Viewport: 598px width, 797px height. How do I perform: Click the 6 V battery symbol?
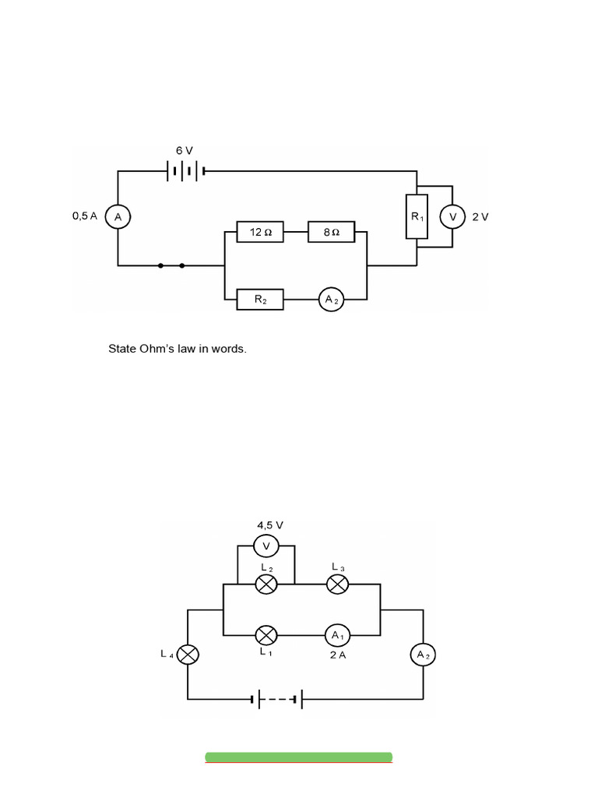click(x=185, y=171)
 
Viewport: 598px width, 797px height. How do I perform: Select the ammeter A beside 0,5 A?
click(x=118, y=217)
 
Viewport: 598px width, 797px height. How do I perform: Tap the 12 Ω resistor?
click(x=260, y=232)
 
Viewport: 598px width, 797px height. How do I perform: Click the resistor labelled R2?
click(x=260, y=299)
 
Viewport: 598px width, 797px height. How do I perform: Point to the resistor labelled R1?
click(x=417, y=216)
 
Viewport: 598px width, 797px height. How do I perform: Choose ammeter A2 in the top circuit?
click(x=331, y=299)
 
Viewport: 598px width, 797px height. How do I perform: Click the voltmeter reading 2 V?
click(x=452, y=217)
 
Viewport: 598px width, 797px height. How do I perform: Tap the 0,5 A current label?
click(x=84, y=216)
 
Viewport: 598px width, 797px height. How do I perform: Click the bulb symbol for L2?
click(x=266, y=585)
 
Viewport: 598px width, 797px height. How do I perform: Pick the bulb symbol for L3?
click(x=337, y=585)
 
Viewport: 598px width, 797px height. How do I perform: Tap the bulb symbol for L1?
click(x=266, y=635)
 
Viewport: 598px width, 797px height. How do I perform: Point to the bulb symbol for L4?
click(x=188, y=655)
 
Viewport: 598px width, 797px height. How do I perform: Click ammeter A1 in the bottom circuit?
click(x=337, y=635)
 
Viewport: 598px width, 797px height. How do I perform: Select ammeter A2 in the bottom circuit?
click(x=423, y=655)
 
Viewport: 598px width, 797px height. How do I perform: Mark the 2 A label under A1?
click(x=337, y=655)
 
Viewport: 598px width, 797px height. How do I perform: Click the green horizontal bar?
click(x=299, y=757)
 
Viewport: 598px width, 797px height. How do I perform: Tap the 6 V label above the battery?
click(x=185, y=149)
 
